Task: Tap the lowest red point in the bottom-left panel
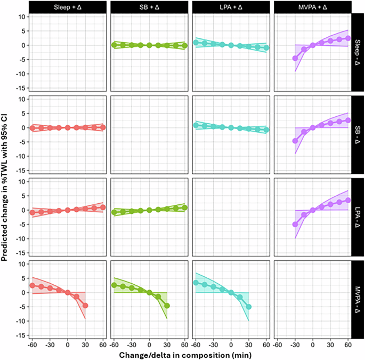point(85,306)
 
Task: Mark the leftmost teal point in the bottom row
point(196,283)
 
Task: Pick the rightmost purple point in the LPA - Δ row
point(348,200)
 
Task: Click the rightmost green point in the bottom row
point(167,306)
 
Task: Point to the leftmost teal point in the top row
point(196,42)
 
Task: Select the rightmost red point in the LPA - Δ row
point(103,207)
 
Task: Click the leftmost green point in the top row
point(114,45)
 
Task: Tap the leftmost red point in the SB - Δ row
point(33,128)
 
